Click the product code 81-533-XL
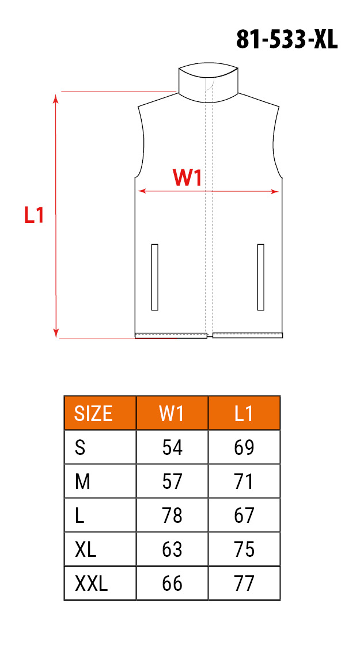click(287, 40)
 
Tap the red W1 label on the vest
click(187, 178)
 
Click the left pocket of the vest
click(154, 277)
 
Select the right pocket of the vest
click(260, 277)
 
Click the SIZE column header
click(93, 414)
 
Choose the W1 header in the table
click(172, 414)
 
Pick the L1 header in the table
click(244, 414)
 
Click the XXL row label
click(92, 583)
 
